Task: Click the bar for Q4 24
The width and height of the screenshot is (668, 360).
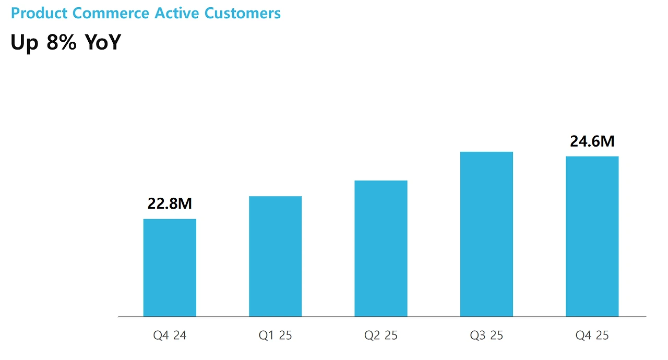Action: (x=170, y=268)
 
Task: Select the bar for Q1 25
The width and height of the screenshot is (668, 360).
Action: (x=275, y=256)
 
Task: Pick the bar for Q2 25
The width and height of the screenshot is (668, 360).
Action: (x=381, y=248)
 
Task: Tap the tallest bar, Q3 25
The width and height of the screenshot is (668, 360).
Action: (x=486, y=234)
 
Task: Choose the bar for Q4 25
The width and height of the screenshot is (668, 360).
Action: (x=592, y=236)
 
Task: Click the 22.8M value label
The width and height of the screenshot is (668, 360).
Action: (x=170, y=203)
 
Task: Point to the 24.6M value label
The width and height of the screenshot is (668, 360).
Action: (x=592, y=141)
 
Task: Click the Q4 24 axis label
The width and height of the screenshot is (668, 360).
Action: (x=170, y=335)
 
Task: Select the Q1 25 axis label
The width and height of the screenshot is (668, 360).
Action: (x=275, y=335)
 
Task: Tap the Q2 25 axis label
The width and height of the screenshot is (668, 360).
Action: (x=381, y=335)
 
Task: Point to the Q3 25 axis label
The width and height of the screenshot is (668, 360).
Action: (x=486, y=335)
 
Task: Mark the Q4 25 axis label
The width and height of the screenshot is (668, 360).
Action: (x=592, y=335)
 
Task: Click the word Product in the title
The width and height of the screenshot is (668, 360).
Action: (x=39, y=13)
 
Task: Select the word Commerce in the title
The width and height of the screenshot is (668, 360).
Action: (x=111, y=13)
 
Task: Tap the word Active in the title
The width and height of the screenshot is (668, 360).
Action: (x=176, y=13)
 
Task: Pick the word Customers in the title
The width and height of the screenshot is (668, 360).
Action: (x=243, y=13)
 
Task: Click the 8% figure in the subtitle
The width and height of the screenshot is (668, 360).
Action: (x=62, y=42)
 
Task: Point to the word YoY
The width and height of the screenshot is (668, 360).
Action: (x=103, y=42)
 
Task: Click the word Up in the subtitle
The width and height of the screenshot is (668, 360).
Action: (x=25, y=43)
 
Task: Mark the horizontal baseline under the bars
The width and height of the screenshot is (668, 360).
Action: (x=382, y=317)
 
